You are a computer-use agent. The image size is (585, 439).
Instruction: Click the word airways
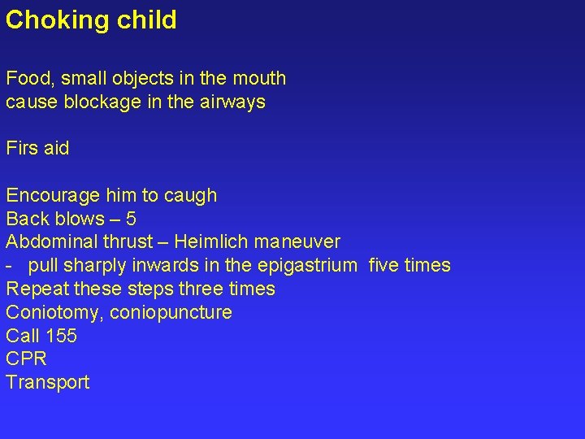[232, 102]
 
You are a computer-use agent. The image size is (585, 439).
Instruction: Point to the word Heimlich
[211, 242]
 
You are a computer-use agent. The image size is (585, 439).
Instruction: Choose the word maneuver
[297, 242]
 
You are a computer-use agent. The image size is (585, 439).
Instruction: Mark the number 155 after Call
[62, 336]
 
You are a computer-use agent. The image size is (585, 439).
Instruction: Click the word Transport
[48, 383]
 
